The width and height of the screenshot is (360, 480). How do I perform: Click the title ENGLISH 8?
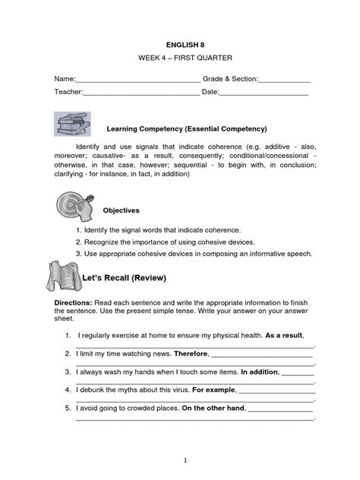pos(180,45)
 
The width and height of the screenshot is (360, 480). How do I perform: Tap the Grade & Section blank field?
pos(285,80)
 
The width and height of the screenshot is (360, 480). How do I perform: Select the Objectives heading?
pos(122,210)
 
